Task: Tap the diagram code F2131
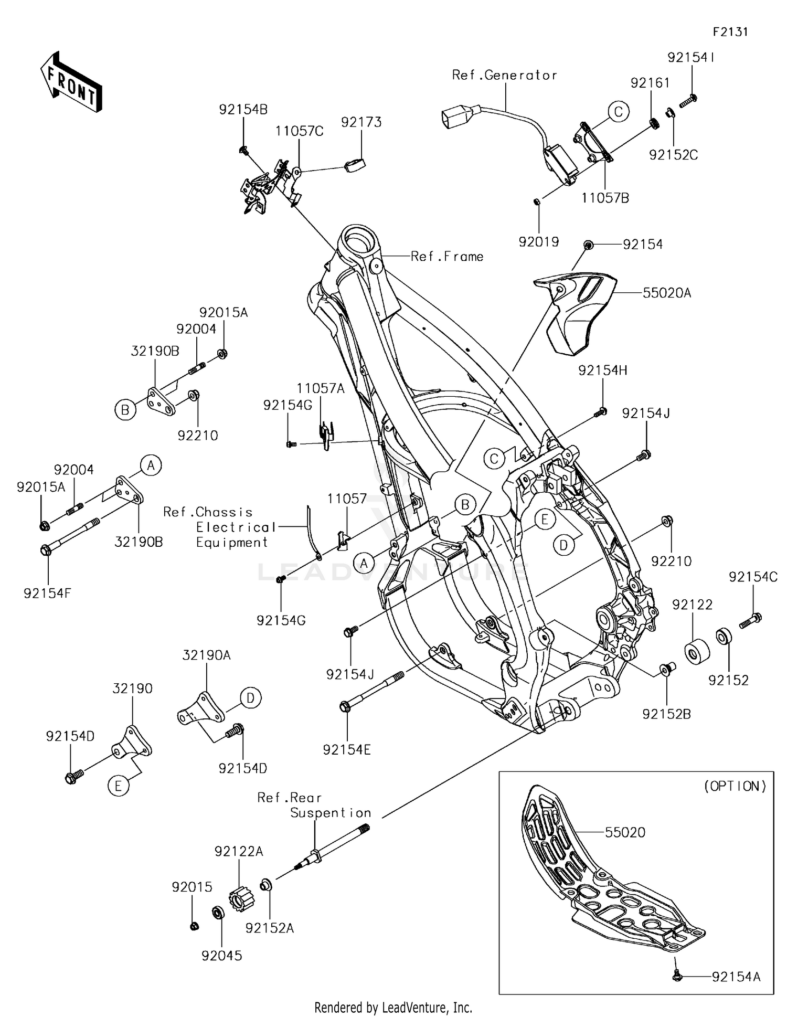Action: (x=730, y=32)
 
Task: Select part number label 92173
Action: (x=361, y=122)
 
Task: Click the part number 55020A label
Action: (x=666, y=293)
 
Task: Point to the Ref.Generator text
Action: (x=504, y=76)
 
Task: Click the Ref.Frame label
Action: (x=446, y=257)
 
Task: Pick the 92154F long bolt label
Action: (x=47, y=593)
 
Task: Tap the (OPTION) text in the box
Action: (x=735, y=786)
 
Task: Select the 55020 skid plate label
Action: (x=625, y=832)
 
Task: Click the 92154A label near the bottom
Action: (x=736, y=977)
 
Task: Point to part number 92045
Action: (x=222, y=956)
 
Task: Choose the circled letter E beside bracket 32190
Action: (x=119, y=786)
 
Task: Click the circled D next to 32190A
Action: (x=250, y=698)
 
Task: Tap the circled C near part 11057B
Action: (x=619, y=112)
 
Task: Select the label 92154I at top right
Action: (x=691, y=58)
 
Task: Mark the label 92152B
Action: (x=666, y=714)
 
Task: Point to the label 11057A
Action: (x=321, y=389)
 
